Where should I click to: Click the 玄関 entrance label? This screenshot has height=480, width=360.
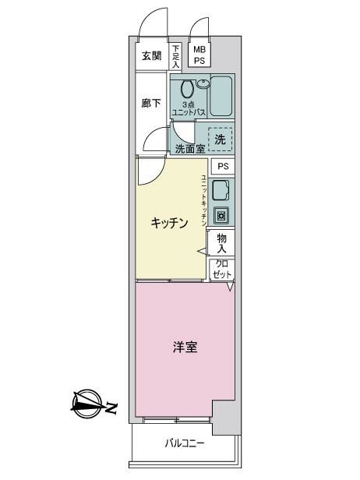point(151,56)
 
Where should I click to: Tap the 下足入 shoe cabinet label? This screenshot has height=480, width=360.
point(175,56)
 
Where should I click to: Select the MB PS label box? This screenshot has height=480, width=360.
point(199,55)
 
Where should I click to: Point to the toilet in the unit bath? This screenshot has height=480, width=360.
point(187,89)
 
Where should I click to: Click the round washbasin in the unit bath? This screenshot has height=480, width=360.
point(203,83)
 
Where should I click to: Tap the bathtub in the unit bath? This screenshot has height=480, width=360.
point(221,96)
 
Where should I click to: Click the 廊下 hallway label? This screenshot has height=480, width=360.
point(151,103)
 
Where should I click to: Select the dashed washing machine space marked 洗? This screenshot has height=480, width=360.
point(221,139)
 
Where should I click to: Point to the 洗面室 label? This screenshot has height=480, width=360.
point(190,149)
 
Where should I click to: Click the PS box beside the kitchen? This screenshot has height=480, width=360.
point(223,166)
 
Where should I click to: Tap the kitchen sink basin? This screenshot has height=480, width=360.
point(221,191)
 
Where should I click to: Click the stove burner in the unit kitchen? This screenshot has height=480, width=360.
point(221,215)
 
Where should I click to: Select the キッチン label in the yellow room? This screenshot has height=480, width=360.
point(169,223)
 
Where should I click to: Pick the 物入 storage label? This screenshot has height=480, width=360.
point(221,243)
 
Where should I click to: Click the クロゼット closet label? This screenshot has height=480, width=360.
point(222,269)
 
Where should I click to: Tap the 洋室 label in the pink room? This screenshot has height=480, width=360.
point(185,348)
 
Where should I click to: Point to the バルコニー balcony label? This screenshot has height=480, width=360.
point(185,443)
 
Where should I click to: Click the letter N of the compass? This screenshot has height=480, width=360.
point(111,408)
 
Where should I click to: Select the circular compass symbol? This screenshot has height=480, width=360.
point(87,404)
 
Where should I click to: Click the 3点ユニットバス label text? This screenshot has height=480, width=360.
point(189,108)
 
